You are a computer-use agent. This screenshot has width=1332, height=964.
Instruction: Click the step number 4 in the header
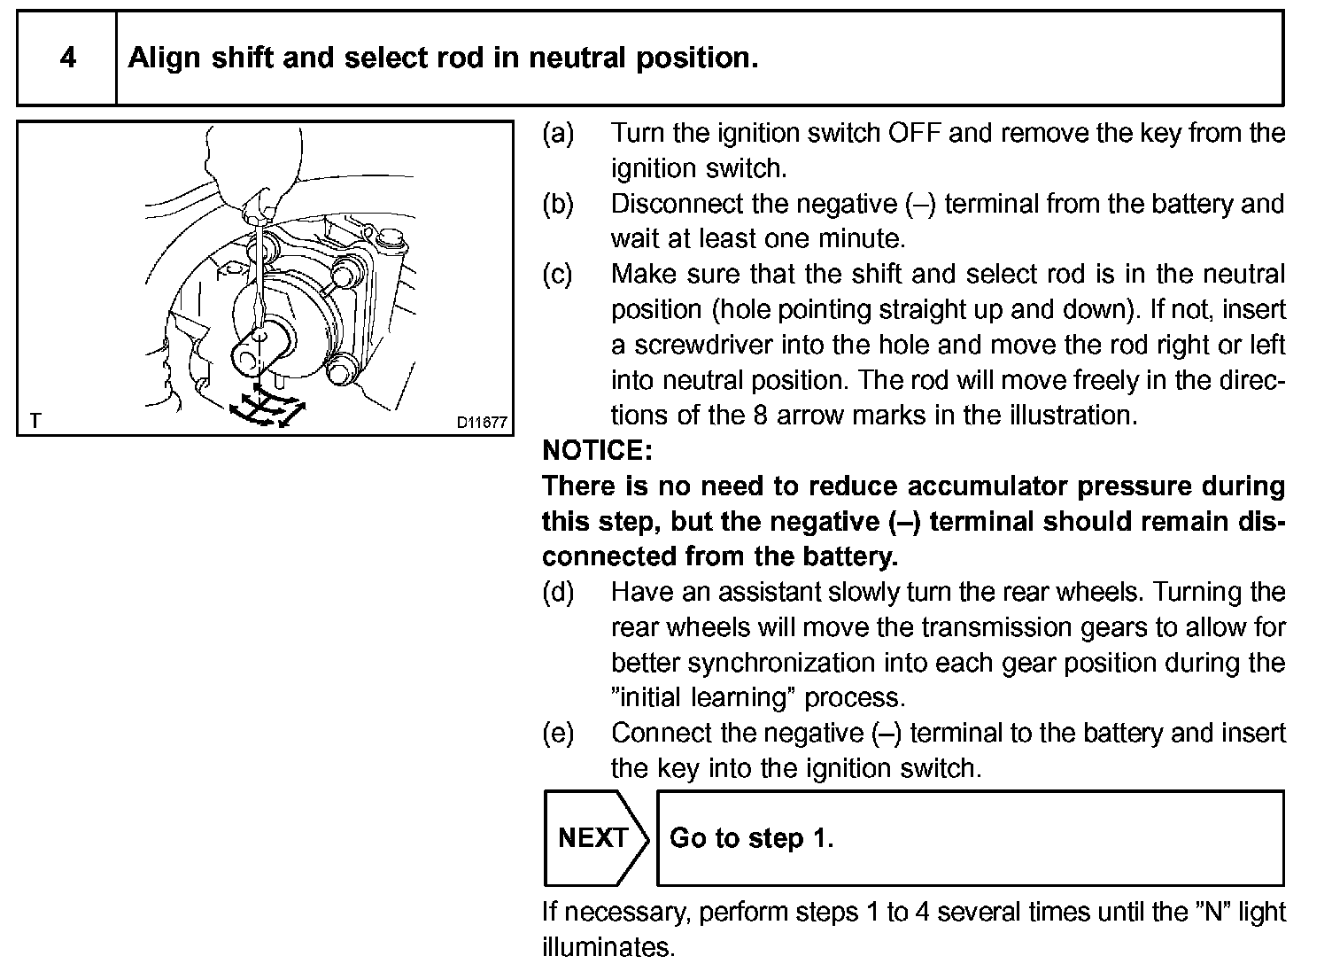pyautogui.click(x=67, y=58)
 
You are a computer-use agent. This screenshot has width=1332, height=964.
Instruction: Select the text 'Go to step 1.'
pyautogui.click(x=751, y=838)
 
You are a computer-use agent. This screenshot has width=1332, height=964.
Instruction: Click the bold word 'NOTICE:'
pyautogui.click(x=596, y=451)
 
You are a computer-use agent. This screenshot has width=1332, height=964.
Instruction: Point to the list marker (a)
pyautogui.click(x=558, y=133)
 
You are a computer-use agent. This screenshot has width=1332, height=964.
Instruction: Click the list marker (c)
pyautogui.click(x=558, y=275)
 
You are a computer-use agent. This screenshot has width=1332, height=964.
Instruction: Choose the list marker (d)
pyautogui.click(x=558, y=592)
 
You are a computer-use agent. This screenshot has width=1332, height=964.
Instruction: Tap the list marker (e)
pyautogui.click(x=558, y=734)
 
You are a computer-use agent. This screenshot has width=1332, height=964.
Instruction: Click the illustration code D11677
pyautogui.click(x=482, y=423)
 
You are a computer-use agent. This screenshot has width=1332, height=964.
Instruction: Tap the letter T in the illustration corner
pyautogui.click(x=35, y=421)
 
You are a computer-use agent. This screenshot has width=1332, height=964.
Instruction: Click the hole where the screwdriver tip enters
pyautogui.click(x=259, y=338)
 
